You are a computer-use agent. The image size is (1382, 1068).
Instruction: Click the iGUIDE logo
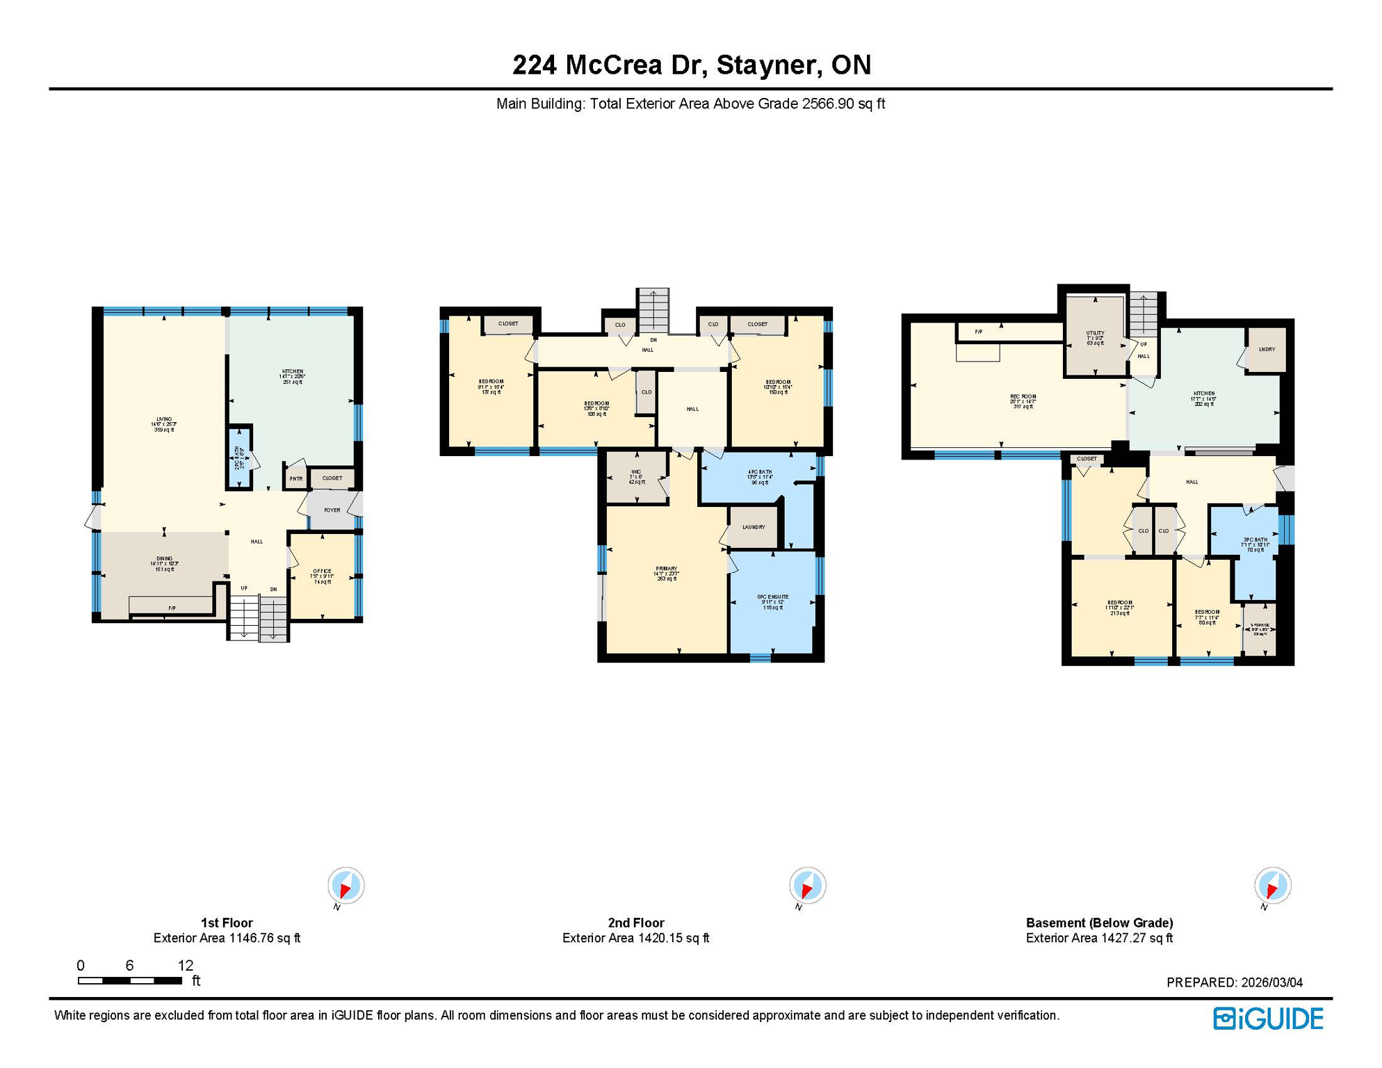coord(1268,1019)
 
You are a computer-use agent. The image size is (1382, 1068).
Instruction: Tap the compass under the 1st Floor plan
coord(345,886)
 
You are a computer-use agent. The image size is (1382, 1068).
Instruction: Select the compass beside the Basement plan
coord(1272,886)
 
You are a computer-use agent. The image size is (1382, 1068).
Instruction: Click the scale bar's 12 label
coord(185,965)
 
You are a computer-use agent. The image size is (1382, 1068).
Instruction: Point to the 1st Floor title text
coord(227,923)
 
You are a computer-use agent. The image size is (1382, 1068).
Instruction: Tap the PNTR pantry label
coord(296,478)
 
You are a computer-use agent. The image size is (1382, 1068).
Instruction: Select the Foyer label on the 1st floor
coord(332,510)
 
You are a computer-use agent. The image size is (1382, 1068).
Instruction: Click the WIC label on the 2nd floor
coord(636,476)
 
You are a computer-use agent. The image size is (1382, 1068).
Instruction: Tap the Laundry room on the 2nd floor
coord(754,527)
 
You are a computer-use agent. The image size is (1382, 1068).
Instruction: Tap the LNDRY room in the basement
coord(1267,350)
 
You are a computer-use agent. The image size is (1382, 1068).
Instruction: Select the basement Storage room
coord(1259,629)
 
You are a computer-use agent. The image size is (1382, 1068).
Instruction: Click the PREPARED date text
coord(1234,982)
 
